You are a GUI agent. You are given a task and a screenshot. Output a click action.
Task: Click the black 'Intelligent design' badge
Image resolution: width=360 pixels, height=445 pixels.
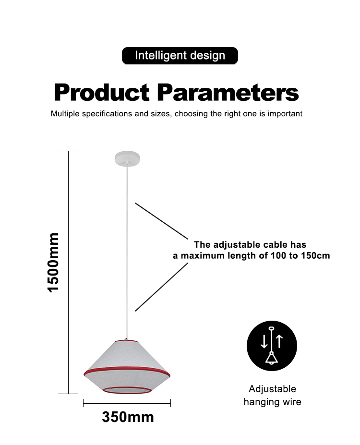(180, 56)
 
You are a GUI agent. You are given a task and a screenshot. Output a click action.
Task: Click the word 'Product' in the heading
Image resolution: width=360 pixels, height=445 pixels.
(102, 93)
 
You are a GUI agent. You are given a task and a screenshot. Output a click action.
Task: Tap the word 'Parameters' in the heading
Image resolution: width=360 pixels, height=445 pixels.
(228, 93)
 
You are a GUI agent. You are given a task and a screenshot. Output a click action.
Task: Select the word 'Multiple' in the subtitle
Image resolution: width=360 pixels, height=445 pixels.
(65, 114)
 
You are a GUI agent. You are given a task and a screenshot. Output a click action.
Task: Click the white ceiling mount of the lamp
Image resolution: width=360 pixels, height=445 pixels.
(127, 158)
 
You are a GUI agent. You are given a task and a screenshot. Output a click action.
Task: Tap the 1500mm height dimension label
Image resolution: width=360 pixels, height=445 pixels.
(53, 263)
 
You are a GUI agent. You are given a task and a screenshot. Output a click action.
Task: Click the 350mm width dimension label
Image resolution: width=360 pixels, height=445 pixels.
(128, 417)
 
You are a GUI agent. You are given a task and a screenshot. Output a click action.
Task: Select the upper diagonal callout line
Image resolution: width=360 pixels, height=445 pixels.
(161, 221)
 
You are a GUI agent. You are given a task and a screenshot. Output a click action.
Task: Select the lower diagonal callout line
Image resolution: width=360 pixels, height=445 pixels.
(161, 287)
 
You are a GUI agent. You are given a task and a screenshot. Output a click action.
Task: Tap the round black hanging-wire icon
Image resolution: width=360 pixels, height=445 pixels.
(272, 346)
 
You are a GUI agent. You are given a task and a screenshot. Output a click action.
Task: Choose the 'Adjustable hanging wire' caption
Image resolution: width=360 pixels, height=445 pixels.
(272, 396)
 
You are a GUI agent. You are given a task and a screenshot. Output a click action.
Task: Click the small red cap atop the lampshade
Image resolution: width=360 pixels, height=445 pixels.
(127, 340)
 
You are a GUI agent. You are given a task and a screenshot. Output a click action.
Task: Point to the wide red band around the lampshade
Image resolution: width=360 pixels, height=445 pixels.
(127, 370)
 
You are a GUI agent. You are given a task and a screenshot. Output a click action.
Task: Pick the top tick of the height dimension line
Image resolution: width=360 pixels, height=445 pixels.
(68, 151)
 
